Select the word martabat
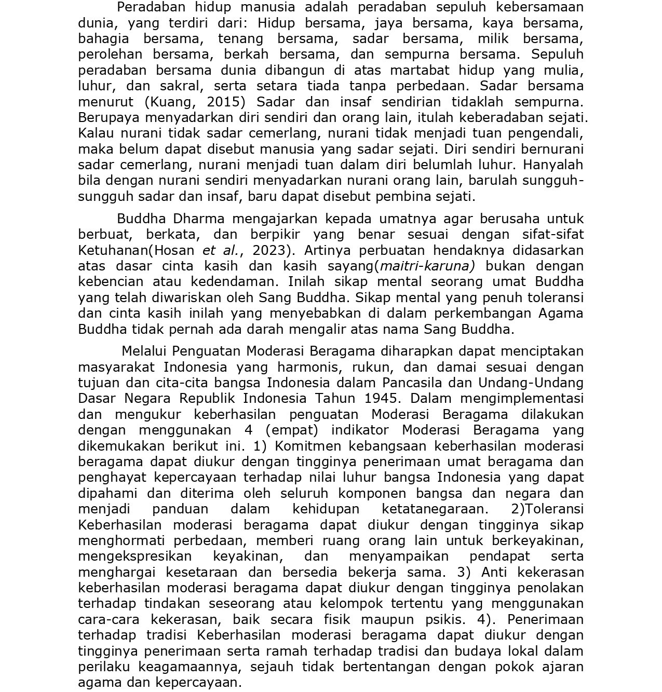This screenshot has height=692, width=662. click(420, 70)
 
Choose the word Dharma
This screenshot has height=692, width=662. click(199, 219)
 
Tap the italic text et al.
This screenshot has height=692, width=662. click(220, 250)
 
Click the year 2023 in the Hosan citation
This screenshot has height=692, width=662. click(269, 250)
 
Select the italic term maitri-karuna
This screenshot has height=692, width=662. click(427, 266)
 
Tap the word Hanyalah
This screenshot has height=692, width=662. click(553, 165)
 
